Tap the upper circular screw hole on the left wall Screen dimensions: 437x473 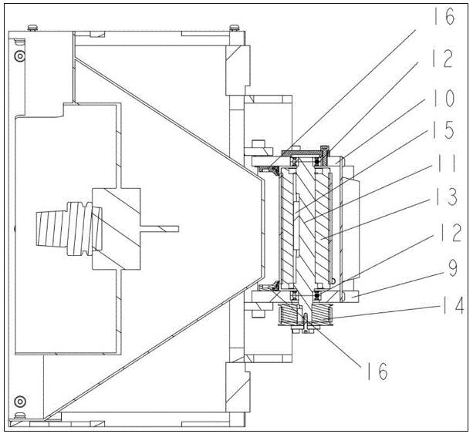[20, 58]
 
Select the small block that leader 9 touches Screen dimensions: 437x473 [349, 295]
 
